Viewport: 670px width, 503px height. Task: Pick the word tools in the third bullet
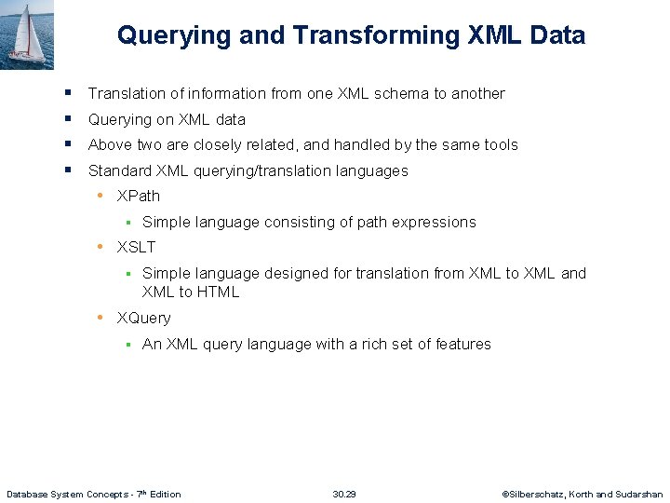tap(499, 144)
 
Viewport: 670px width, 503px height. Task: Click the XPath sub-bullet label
tap(139, 196)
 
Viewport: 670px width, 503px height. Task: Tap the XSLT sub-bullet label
tap(136, 247)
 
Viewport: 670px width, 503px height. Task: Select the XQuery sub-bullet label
tap(143, 318)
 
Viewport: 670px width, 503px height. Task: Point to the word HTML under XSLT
tap(218, 292)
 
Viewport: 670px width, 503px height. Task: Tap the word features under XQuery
tap(460, 344)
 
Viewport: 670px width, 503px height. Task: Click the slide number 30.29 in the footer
tap(344, 494)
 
